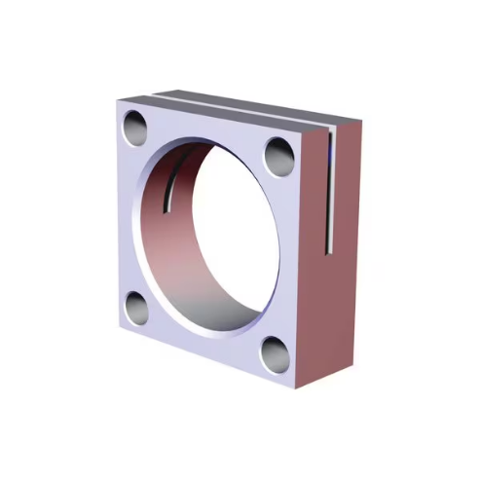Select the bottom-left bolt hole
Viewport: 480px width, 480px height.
(137, 309)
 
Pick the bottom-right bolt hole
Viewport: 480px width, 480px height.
(275, 355)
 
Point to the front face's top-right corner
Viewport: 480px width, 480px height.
(304, 129)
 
